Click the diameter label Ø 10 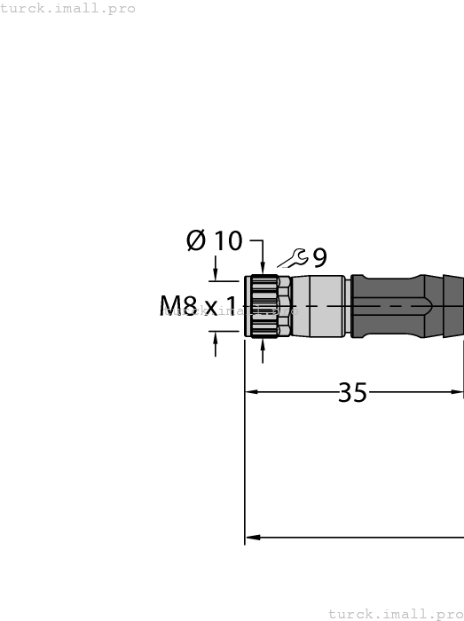click(x=214, y=240)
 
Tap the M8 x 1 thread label click(x=198, y=307)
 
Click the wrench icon click(x=293, y=258)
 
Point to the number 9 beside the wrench click(x=319, y=258)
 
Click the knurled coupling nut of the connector click(x=263, y=307)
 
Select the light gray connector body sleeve click(x=318, y=307)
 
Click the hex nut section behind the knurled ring click(x=284, y=307)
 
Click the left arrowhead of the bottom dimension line click(x=251, y=537)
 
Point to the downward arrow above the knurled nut click(x=263, y=267)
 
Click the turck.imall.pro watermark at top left click(x=67, y=8)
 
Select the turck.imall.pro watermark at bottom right click(x=396, y=613)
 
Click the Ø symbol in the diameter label click(x=196, y=240)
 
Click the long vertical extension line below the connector click(x=245, y=461)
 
